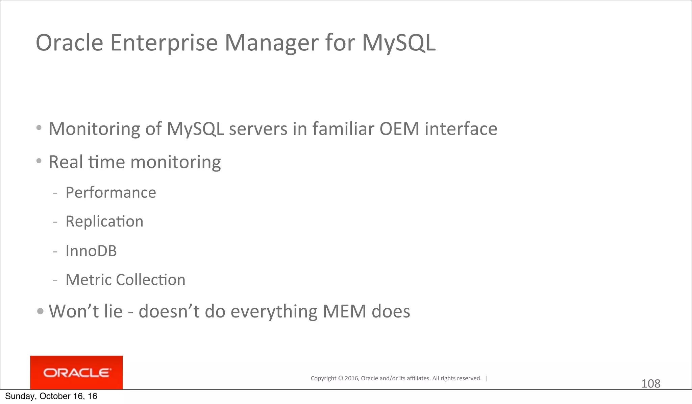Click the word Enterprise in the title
pyautogui.click(x=164, y=43)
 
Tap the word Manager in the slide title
pyautogui.click(x=271, y=43)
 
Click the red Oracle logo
pyautogui.click(x=76, y=373)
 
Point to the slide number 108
pyautogui.click(x=650, y=384)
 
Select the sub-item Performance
pyautogui.click(x=111, y=193)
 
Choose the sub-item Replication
pyautogui.click(x=104, y=222)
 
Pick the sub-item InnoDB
pyautogui.click(x=91, y=251)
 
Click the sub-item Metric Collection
pyautogui.click(x=125, y=280)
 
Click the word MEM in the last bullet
pyautogui.click(x=344, y=311)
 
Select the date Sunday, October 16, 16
pyautogui.click(x=51, y=396)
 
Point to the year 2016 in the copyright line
pyautogui.click(x=352, y=378)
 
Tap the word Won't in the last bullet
pyautogui.click(x=74, y=311)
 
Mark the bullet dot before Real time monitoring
pyautogui.click(x=39, y=161)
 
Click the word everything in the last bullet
pyautogui.click(x=274, y=311)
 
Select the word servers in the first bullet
pyautogui.click(x=258, y=129)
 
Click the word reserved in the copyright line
pyautogui.click(x=470, y=378)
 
